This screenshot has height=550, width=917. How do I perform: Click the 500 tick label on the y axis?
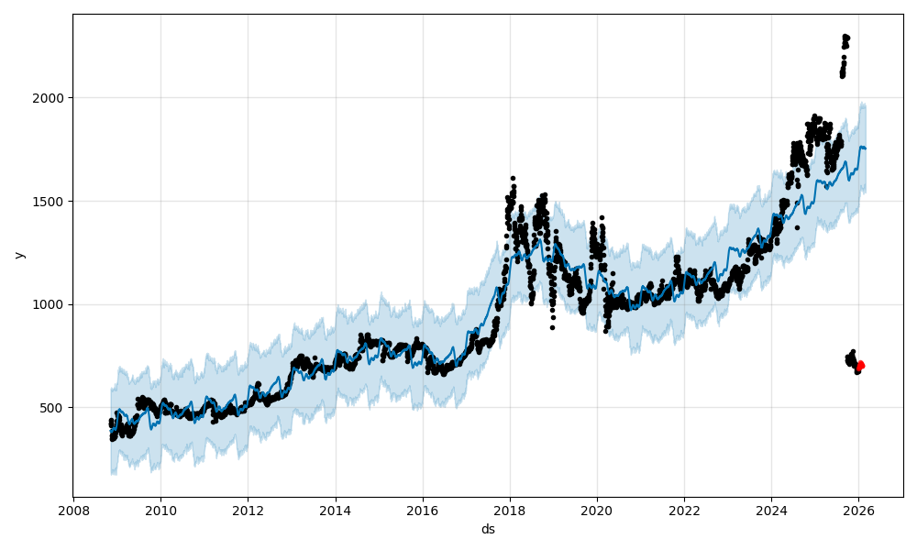click(x=52, y=408)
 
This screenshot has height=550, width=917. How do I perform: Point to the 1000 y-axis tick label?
click(x=49, y=304)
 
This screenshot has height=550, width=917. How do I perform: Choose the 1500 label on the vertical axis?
click(x=49, y=201)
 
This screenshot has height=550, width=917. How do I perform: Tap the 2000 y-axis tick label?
click(x=49, y=97)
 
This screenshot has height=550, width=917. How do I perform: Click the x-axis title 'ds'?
click(x=488, y=529)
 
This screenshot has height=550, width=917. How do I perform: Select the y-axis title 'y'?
click(x=18, y=255)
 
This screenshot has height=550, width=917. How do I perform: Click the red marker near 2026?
click(x=860, y=366)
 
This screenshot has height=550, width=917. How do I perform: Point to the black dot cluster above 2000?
click(x=845, y=55)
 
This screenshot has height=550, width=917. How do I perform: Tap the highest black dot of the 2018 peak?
click(x=513, y=178)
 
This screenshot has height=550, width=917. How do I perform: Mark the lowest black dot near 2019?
click(x=552, y=327)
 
